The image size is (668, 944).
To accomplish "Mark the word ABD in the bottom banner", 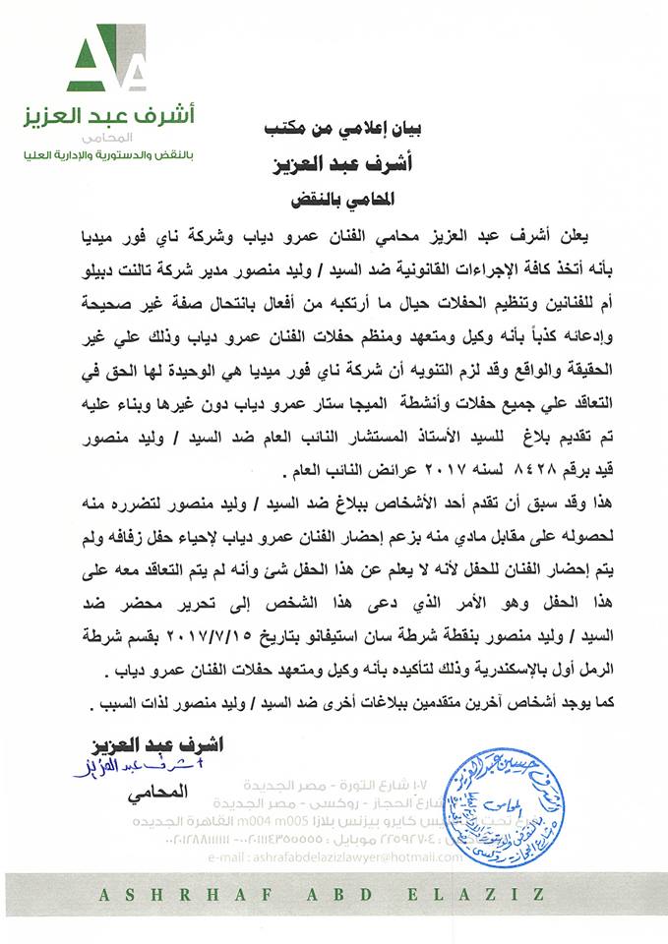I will [x=340, y=895].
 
